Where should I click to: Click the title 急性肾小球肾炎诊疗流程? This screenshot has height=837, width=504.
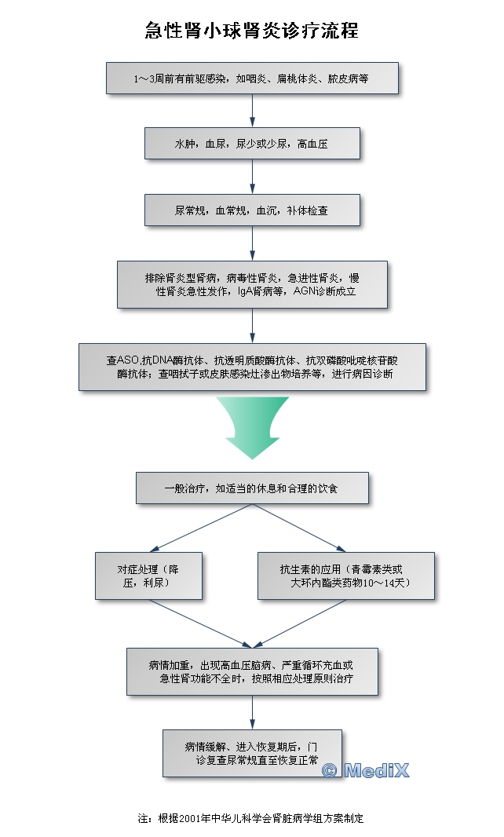(x=252, y=31)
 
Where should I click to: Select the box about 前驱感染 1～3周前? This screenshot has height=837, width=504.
(x=252, y=79)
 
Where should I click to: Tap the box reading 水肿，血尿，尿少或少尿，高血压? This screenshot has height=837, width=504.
(x=252, y=144)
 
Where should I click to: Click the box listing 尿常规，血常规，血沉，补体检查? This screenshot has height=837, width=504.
(x=252, y=210)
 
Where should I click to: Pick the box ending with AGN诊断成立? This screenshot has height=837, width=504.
(x=252, y=284)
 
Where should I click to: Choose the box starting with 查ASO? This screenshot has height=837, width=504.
(x=252, y=367)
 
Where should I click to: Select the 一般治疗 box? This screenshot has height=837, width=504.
(x=252, y=488)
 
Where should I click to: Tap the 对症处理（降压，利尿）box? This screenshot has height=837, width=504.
(x=148, y=576)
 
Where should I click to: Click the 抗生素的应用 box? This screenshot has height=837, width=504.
(x=345, y=576)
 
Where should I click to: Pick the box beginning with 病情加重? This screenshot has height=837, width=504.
(x=252, y=671)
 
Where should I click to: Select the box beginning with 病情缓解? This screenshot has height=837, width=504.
(x=252, y=753)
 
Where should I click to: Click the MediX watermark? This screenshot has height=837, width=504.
(x=366, y=770)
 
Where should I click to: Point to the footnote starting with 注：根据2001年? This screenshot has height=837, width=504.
(x=251, y=817)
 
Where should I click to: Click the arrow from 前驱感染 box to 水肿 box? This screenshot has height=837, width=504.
(x=252, y=110)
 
